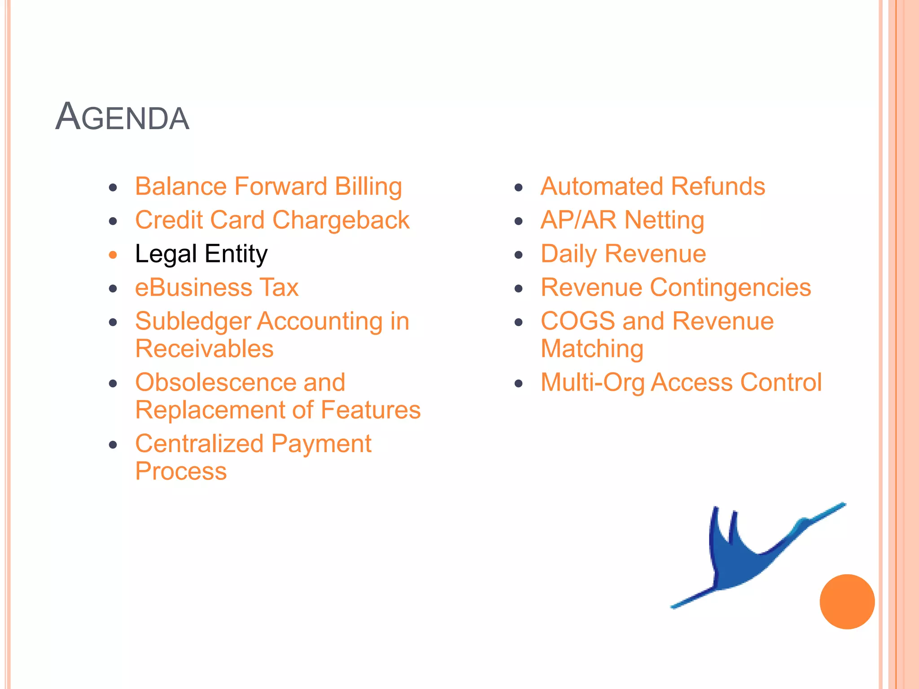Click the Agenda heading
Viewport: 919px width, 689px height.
tap(122, 118)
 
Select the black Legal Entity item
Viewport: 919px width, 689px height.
tap(201, 254)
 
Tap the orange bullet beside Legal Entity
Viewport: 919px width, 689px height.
tap(113, 255)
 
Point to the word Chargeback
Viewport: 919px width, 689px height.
tap(341, 220)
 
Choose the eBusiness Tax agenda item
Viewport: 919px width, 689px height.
tap(217, 288)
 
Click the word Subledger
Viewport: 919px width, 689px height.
tap(193, 322)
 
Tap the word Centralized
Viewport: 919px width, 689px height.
tap(199, 444)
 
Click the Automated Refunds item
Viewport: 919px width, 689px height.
tap(652, 187)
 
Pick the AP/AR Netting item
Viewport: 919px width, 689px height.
tap(622, 220)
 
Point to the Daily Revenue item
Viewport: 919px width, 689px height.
tap(623, 254)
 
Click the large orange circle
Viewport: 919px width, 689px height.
tap(847, 602)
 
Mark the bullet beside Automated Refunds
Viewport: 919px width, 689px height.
tap(519, 188)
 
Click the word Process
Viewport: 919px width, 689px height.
tap(181, 471)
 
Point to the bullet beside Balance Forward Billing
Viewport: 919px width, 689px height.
tap(113, 188)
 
